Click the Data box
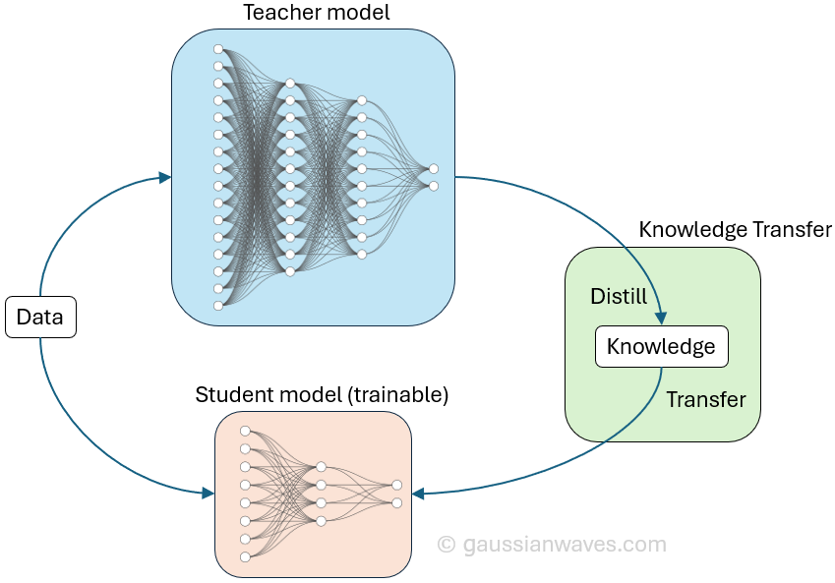pyautogui.click(x=40, y=317)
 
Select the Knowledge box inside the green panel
pyautogui.click(x=661, y=347)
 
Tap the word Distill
pyautogui.click(x=619, y=296)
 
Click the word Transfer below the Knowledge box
pyautogui.click(x=705, y=399)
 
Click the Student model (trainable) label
pyautogui.click(x=322, y=395)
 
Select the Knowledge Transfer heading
pyautogui.click(x=735, y=230)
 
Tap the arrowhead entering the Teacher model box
pyautogui.click(x=165, y=177)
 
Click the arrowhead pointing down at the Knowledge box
pyautogui.click(x=662, y=319)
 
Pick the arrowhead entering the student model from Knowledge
pyautogui.click(x=417, y=493)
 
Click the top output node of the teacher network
pyautogui.click(x=434, y=169)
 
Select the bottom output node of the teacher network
pyautogui.click(x=434, y=185)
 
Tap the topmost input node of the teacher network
pyautogui.click(x=218, y=49)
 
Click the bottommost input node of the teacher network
pyautogui.click(x=218, y=306)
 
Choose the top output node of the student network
pyautogui.click(x=396, y=485)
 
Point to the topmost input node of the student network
pyautogui.click(x=245, y=431)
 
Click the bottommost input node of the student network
pyautogui.click(x=245, y=557)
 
